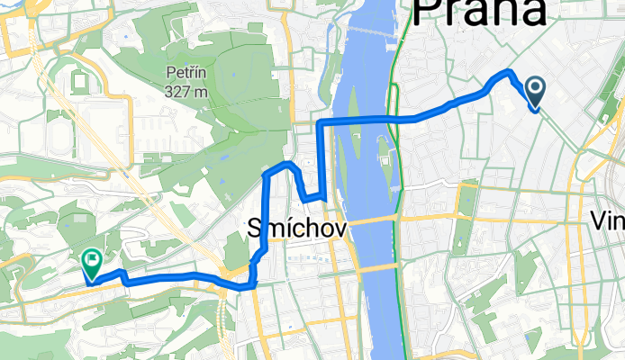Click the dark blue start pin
pos(535,90)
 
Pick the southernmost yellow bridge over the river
pos(376,267)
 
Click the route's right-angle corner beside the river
pos(322,121)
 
